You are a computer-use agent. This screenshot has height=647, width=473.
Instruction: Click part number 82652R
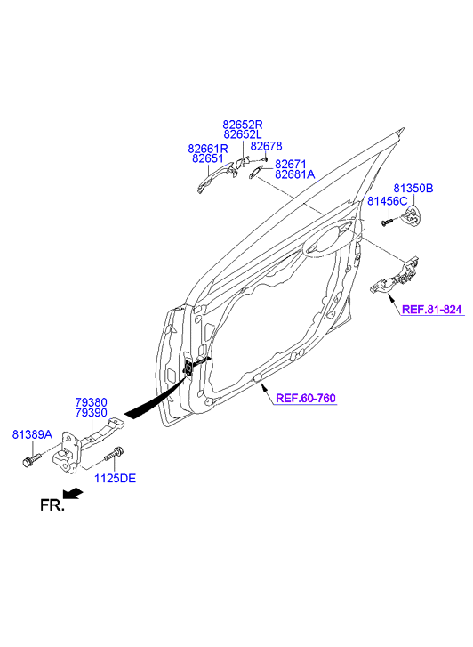coord(243,125)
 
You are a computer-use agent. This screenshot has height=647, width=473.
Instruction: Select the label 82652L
coord(243,134)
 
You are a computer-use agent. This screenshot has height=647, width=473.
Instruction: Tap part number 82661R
coord(208,149)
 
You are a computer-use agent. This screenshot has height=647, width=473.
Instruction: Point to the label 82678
coord(266,146)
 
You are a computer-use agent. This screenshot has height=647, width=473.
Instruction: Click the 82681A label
coord(294,174)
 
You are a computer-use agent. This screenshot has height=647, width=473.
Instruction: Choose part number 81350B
coord(413,189)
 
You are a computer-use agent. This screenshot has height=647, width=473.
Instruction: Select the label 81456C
coord(387,201)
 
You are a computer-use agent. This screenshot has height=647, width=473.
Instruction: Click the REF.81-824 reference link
coord(431,310)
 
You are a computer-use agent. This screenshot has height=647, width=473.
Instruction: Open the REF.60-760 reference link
coord(305,398)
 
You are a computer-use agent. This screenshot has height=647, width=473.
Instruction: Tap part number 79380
coord(91,402)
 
